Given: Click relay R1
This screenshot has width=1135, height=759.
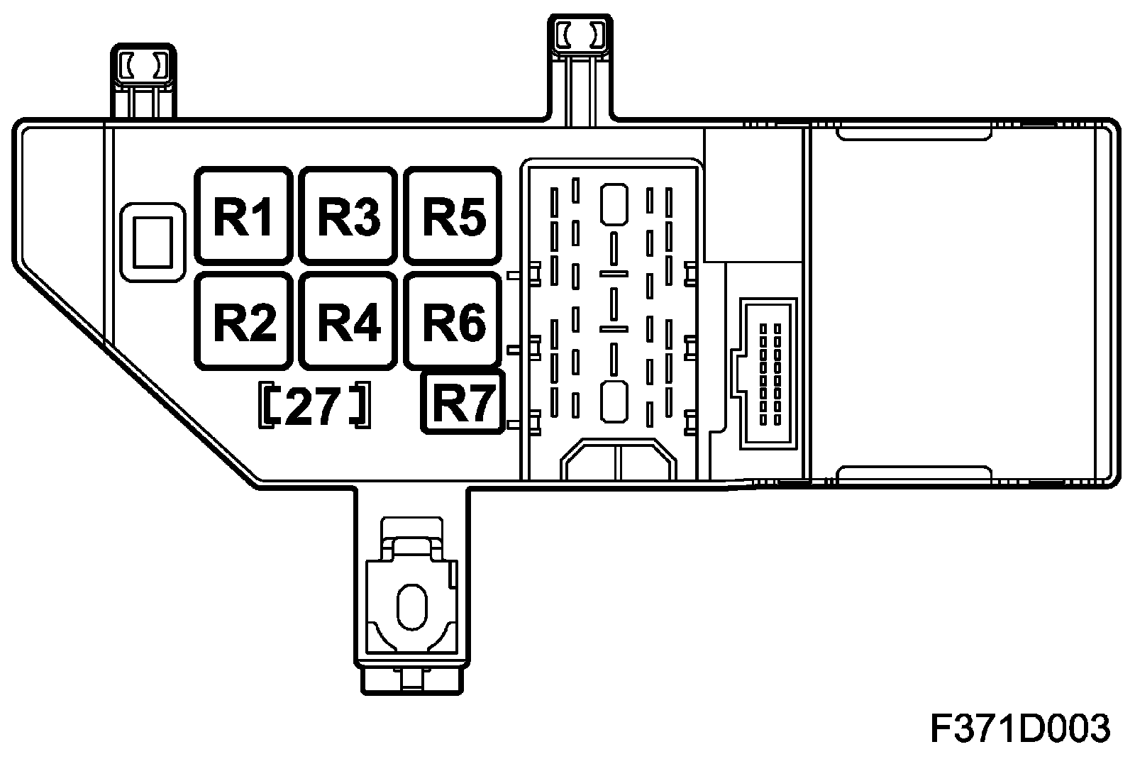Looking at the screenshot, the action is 243,216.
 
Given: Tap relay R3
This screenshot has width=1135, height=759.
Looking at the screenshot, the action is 348,216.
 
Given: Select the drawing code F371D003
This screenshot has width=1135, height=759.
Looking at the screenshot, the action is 1019,728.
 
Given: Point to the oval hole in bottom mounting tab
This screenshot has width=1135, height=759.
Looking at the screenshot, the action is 412,607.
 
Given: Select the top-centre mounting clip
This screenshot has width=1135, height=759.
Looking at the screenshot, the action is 579,34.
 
